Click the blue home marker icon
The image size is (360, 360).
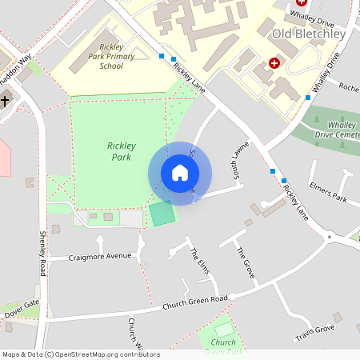coord(180,173)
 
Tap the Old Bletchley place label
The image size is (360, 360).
coord(309,34)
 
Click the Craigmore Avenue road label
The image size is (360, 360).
coord(100,256)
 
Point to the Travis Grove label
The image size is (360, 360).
coord(314,330)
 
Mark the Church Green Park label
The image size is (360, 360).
coord(223,346)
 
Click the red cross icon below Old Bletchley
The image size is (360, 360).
coord(274,62)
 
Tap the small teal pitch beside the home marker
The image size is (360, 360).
coord(162,214)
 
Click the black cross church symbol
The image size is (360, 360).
coord(5,102)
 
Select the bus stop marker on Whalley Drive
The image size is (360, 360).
coord(308,98)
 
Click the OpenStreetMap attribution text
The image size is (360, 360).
coord(81,354)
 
